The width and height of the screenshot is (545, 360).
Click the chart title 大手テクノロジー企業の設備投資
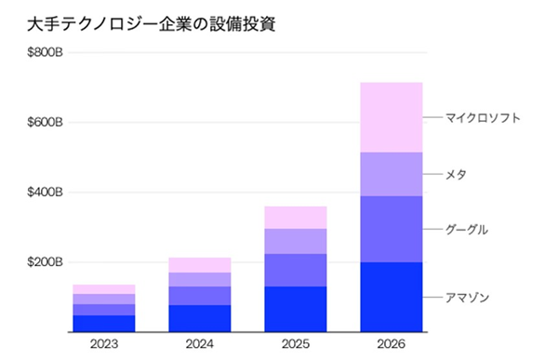pos(152,25)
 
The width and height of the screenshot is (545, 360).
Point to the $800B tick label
pos(46,52)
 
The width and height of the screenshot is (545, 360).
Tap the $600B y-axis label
pos(46,122)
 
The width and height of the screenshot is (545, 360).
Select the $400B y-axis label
pos(46,193)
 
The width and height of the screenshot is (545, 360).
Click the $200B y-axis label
pos(46,262)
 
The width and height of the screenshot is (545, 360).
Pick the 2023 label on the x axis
pos(104,344)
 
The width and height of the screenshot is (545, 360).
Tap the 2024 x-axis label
pos(200,344)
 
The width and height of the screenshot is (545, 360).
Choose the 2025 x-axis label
pos(296,344)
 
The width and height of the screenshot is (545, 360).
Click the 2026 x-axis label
pos(391,344)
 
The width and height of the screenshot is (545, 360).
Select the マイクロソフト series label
pos(483,118)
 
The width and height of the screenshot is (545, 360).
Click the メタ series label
pos(456,174)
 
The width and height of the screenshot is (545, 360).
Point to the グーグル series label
pos(467,230)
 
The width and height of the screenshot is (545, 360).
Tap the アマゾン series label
pos(467,298)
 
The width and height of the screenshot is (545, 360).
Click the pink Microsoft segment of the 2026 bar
pos(392,117)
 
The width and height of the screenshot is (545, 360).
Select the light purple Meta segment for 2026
pos(392,174)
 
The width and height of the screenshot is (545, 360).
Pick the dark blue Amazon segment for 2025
pos(296,309)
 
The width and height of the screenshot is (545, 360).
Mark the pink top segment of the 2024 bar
pos(200,265)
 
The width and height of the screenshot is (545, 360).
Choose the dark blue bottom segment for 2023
pos(104,324)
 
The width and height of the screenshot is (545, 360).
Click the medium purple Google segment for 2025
pos(296,271)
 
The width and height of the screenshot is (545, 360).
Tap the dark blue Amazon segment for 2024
pos(200,318)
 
